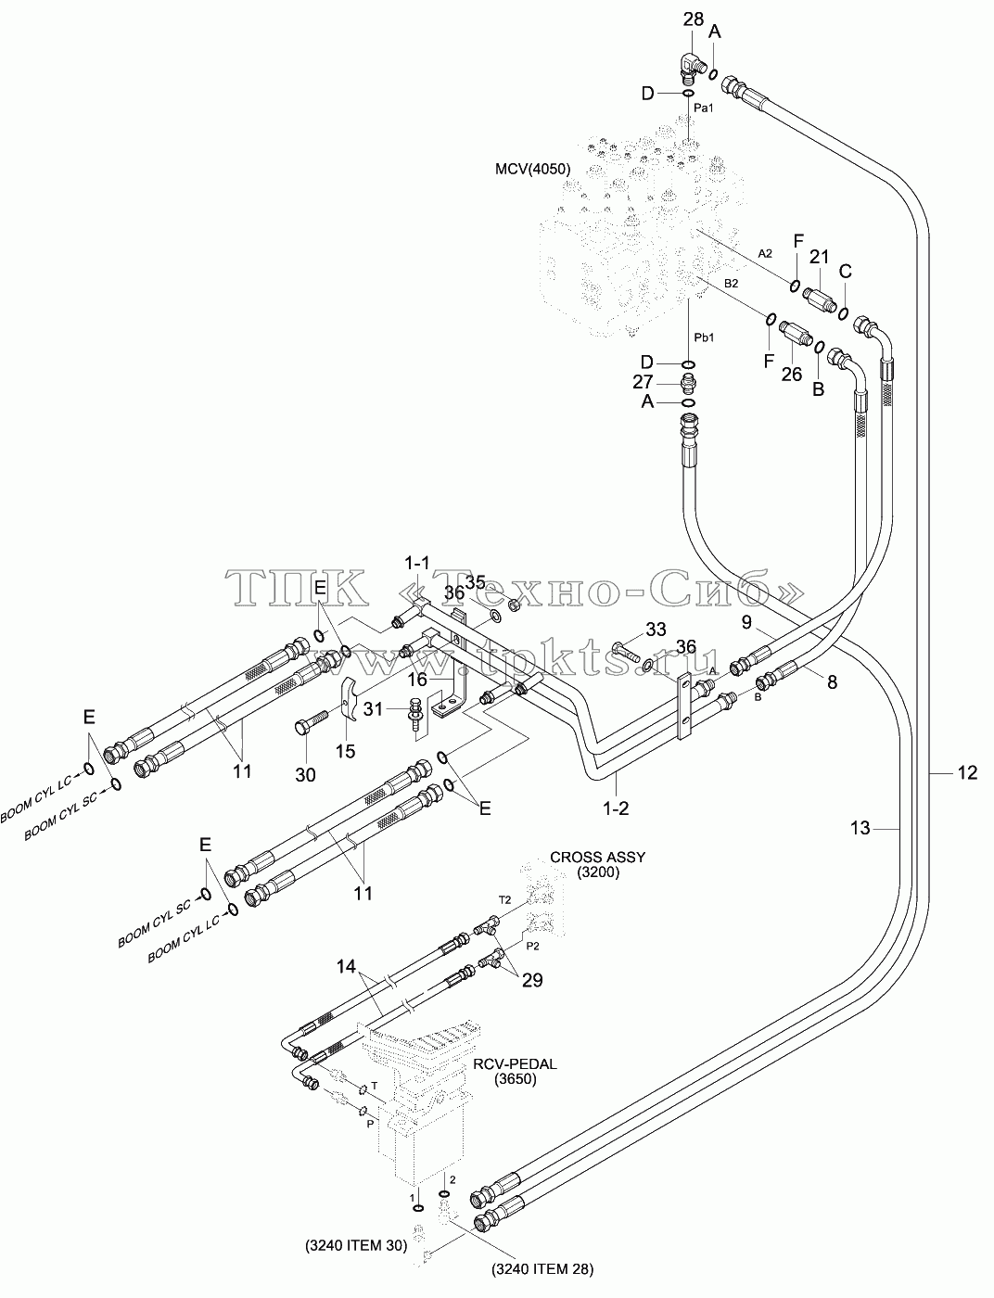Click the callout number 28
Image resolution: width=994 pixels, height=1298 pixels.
point(693,19)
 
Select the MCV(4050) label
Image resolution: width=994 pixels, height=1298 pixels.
point(533,169)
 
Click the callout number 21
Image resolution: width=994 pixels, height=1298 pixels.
point(819,257)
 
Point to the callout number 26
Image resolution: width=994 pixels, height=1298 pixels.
point(792,375)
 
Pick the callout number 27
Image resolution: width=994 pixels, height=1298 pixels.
point(643,382)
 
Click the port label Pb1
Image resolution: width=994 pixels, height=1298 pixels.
point(704,337)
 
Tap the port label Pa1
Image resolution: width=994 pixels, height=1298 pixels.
point(703,108)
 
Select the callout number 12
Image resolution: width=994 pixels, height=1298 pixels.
point(968,772)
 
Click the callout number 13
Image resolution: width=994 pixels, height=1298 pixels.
point(860,828)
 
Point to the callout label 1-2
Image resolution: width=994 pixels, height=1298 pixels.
point(616,808)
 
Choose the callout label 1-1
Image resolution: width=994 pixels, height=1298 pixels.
point(417,563)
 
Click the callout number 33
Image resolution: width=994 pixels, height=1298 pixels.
point(656,629)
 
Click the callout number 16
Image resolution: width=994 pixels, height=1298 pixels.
point(418,680)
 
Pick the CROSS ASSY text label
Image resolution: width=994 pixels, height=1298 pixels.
point(597,858)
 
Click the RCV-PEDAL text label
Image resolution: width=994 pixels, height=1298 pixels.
point(515,1063)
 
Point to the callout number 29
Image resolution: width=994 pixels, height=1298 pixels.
point(532,980)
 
